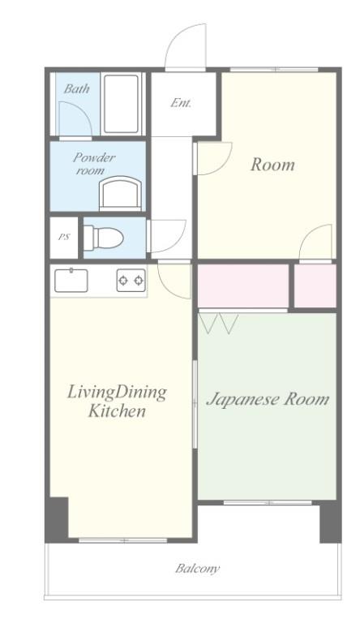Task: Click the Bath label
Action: (x=76, y=88)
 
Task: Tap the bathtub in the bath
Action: (x=122, y=104)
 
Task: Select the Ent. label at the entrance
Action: (x=181, y=103)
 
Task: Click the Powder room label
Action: (x=94, y=164)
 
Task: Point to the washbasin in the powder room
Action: (x=120, y=193)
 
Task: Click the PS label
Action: (x=63, y=237)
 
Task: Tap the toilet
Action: (x=103, y=238)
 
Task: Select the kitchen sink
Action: (x=71, y=281)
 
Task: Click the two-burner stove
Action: (x=131, y=281)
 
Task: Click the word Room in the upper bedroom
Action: (x=272, y=165)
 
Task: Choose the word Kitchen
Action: (x=117, y=410)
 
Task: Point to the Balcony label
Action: (x=198, y=569)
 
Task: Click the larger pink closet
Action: (x=243, y=286)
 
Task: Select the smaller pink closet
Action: (x=315, y=286)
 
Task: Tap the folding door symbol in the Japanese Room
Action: (x=220, y=324)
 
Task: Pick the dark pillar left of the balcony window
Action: (x=57, y=520)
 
